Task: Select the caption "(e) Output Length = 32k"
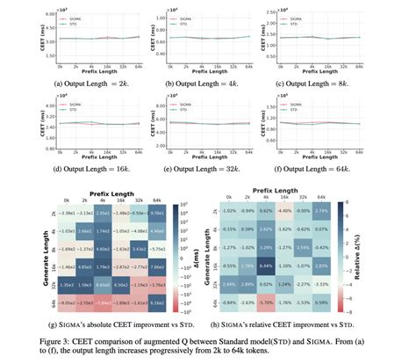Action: (x=210, y=163)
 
